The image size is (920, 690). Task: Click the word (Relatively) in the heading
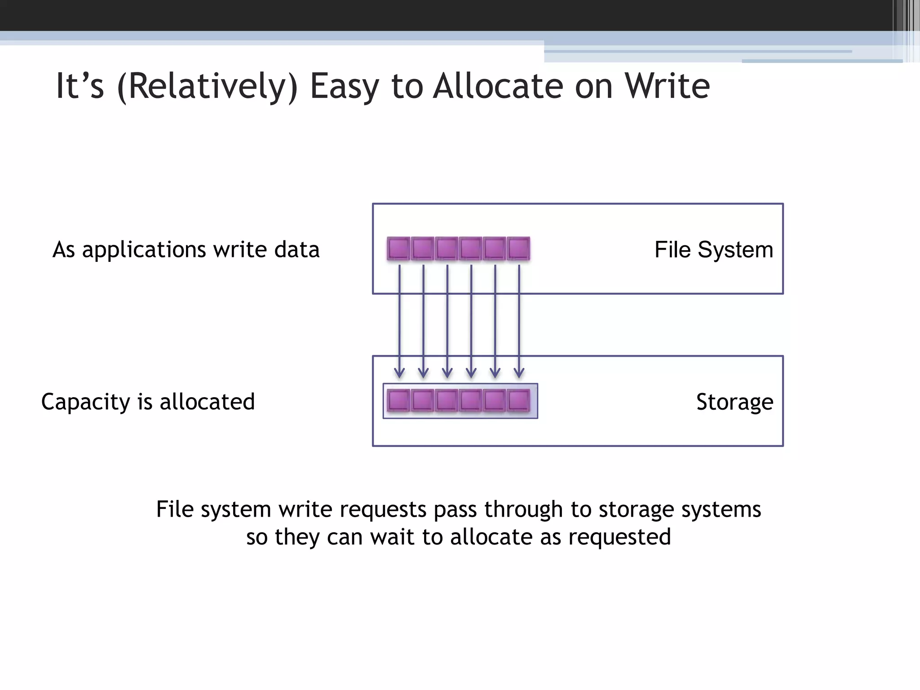point(207,87)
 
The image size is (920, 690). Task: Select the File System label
point(713,250)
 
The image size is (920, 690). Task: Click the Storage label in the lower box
point(734,402)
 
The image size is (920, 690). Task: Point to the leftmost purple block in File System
point(398,248)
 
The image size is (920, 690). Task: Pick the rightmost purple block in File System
point(518,248)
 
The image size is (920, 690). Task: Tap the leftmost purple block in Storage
point(398,400)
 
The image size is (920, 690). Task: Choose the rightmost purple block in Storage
point(518,400)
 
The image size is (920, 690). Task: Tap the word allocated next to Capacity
point(207,402)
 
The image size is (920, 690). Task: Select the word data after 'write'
point(297,250)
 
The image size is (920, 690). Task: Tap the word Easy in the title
point(345,87)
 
